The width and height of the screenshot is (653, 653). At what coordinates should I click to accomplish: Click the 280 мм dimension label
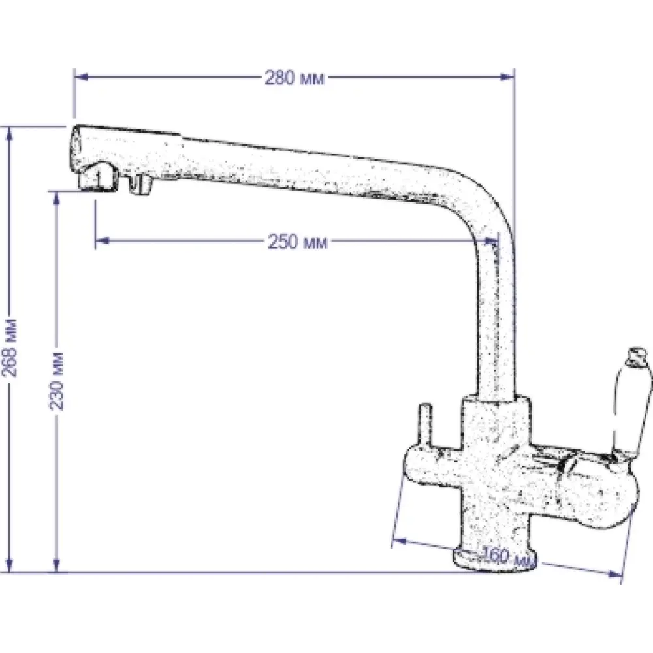click(295, 78)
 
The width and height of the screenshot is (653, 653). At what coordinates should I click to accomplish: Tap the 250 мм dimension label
click(298, 242)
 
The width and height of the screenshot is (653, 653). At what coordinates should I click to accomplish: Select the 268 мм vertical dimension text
click(10, 348)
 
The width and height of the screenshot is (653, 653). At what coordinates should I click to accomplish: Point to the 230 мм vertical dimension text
click(57, 381)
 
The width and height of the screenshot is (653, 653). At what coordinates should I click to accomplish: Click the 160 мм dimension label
click(507, 557)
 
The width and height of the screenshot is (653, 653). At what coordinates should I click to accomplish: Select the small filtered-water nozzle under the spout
click(140, 184)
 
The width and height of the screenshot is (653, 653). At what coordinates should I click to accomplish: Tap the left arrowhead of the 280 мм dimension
click(82, 77)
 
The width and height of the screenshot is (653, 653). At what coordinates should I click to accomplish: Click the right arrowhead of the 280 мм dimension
click(507, 77)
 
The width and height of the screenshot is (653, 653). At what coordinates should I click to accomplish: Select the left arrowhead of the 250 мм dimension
click(103, 240)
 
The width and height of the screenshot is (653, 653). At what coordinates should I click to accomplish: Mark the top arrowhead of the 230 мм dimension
click(57, 199)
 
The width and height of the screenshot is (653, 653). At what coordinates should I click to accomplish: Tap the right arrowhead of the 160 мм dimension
click(614, 574)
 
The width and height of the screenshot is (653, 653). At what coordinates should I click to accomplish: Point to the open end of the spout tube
click(76, 146)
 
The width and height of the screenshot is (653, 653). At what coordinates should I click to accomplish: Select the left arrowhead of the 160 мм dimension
click(400, 541)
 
